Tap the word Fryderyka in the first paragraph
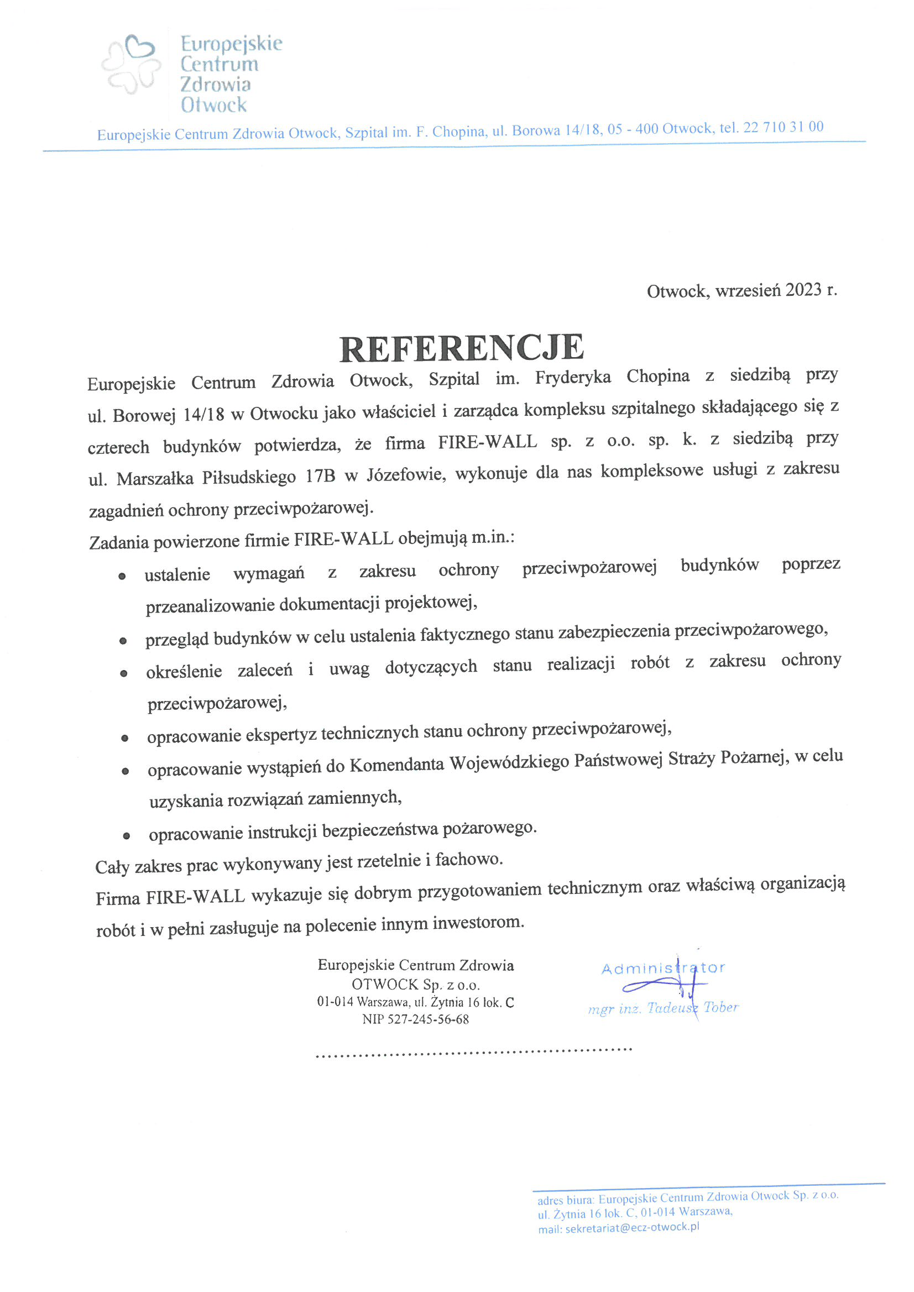572,377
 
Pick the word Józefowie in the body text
406,475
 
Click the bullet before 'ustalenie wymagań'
122,576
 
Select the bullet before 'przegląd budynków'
123,641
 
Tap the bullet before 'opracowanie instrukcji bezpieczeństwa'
127,836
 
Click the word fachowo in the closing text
468,859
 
